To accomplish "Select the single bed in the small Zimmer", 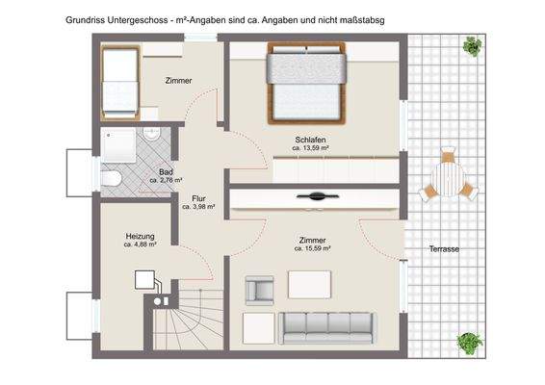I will click(121, 70).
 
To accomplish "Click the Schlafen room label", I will click(312, 139).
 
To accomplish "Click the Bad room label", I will click(167, 170).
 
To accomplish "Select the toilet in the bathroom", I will click(112, 177).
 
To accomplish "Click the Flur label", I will click(198, 197).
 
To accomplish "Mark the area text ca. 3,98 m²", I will click(198, 207).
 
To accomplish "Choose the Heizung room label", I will click(140, 236).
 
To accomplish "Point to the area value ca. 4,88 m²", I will click(140, 245).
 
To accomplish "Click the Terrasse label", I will click(444, 249).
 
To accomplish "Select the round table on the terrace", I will click(446, 177).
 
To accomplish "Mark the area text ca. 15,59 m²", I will click(313, 248).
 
